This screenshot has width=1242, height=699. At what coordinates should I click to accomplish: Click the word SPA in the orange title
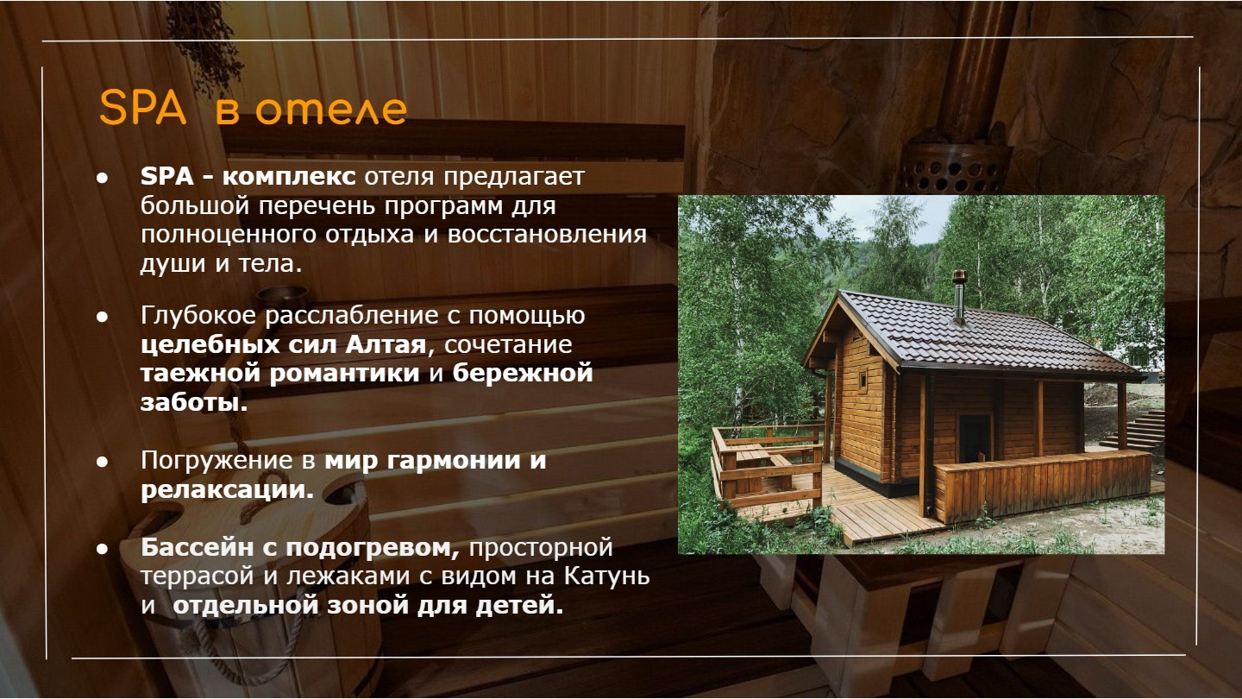pyautogui.click(x=142, y=108)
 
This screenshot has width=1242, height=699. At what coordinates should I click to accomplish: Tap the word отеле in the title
pyautogui.click(x=331, y=110)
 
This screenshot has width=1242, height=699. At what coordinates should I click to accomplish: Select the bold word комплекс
pyautogui.click(x=289, y=177)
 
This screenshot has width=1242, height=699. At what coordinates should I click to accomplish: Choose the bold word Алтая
pyautogui.click(x=386, y=344)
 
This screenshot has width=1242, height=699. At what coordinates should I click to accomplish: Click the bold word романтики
pyautogui.click(x=344, y=374)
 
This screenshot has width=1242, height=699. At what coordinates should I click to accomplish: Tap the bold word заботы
pyautogui.click(x=193, y=402)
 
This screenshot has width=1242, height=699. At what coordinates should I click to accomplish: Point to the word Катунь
pyautogui.click(x=606, y=576)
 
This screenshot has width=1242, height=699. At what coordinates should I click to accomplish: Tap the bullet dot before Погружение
pyautogui.click(x=102, y=462)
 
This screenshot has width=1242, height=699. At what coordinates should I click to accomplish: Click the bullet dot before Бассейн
pyautogui.click(x=102, y=549)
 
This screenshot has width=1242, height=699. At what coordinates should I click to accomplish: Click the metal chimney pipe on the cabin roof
pyautogui.click(x=959, y=296)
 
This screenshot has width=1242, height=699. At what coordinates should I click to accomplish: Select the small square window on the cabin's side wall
pyautogui.click(x=862, y=381)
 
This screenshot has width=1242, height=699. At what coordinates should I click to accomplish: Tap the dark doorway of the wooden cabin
pyautogui.click(x=975, y=438)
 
